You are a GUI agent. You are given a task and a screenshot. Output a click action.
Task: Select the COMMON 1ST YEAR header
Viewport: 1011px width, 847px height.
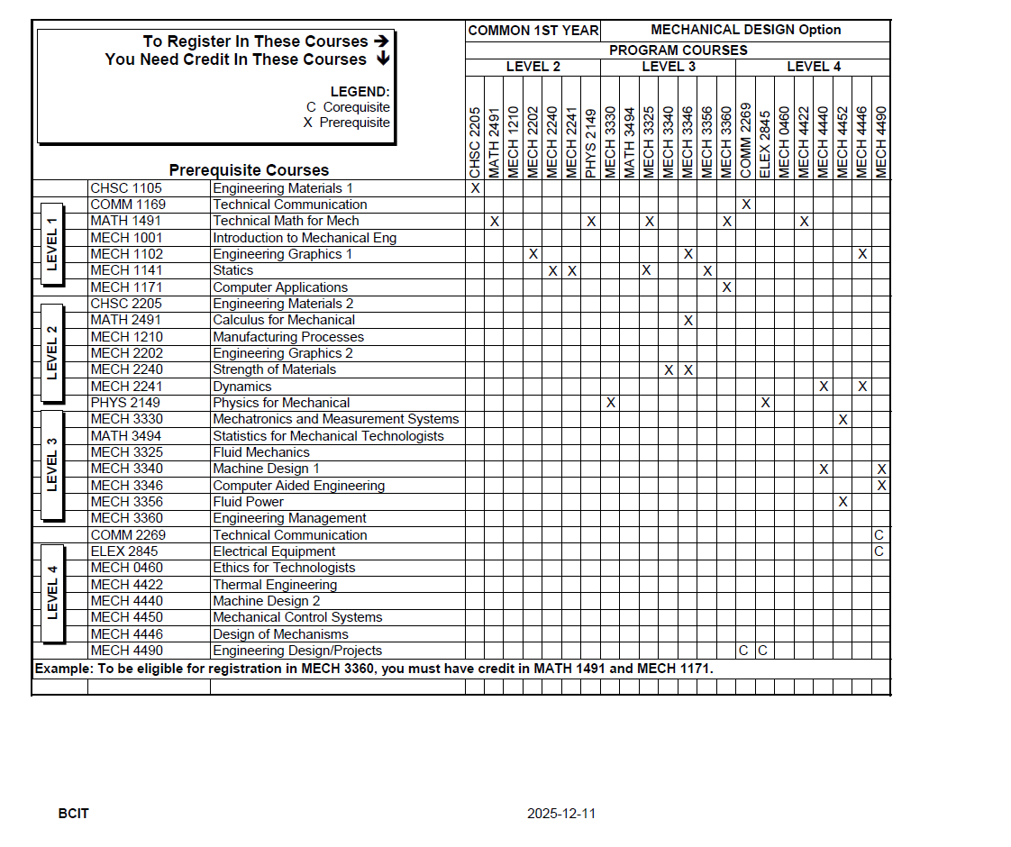click(533, 31)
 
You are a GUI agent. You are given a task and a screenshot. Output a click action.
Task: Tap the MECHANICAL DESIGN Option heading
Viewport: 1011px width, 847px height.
click(745, 30)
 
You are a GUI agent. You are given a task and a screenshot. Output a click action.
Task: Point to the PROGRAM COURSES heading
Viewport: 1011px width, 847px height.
click(678, 50)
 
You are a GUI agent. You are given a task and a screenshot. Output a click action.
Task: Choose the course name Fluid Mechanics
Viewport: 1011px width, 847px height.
click(261, 452)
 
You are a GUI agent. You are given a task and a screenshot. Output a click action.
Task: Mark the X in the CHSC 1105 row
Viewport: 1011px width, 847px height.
click(475, 188)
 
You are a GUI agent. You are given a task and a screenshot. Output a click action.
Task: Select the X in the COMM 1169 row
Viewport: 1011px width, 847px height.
click(746, 205)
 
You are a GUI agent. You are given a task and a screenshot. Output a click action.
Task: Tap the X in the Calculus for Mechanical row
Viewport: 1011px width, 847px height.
click(688, 320)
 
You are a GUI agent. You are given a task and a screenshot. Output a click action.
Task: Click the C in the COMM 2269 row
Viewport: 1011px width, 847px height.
click(879, 534)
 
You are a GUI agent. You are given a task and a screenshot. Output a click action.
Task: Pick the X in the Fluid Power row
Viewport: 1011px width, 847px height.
click(842, 502)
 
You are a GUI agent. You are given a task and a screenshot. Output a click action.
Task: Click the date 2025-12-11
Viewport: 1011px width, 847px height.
click(561, 814)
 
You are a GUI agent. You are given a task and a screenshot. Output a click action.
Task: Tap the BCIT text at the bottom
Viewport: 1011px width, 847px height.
click(74, 814)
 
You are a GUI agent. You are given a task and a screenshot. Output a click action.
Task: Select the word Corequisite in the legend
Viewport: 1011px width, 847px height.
click(356, 107)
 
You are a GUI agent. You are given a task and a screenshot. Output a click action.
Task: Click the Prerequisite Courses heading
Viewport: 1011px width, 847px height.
click(249, 170)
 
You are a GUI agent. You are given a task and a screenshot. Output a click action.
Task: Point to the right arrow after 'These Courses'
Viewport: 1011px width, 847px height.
click(381, 41)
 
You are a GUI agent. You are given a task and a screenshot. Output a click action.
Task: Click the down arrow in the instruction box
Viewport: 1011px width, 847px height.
click(382, 59)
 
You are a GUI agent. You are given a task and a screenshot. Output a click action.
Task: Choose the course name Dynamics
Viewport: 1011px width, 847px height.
click(241, 387)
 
